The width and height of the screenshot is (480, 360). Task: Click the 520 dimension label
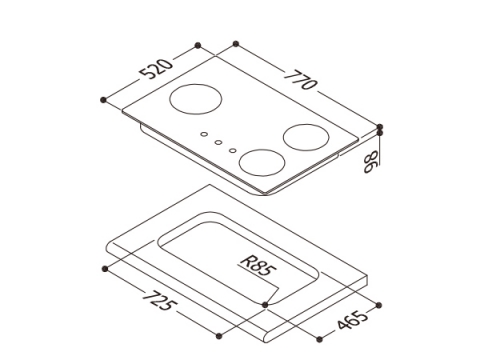[156, 69]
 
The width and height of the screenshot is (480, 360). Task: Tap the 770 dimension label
[300, 80]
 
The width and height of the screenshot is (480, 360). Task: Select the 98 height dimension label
[371, 161]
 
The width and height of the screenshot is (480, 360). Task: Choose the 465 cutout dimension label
[352, 319]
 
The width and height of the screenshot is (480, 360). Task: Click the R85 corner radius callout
[256, 266]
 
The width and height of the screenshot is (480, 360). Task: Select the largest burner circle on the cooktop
[196, 99]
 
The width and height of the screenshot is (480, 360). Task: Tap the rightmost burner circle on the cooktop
[306, 137]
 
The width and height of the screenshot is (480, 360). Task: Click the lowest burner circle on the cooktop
[262, 162]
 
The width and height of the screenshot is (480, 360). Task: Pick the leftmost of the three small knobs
[204, 134]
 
